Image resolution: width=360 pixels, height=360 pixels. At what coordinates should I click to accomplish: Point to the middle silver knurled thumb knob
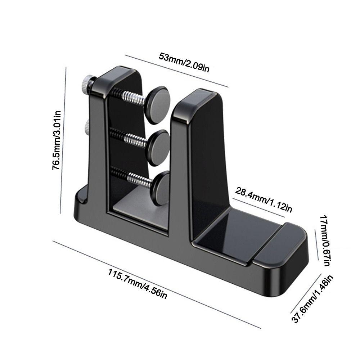point(87,127)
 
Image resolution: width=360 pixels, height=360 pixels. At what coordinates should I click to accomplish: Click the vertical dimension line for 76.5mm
point(63,140)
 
